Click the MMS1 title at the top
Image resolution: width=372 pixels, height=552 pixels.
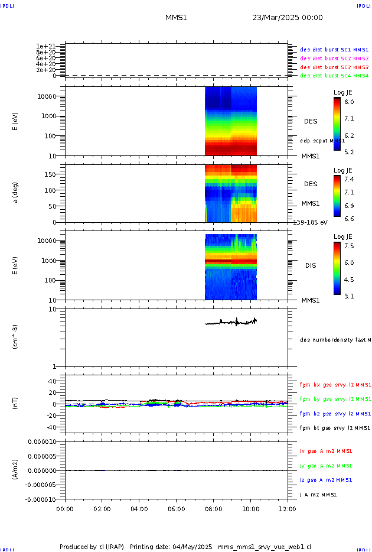(x=176, y=18)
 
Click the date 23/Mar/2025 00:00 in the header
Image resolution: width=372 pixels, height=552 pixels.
(x=287, y=18)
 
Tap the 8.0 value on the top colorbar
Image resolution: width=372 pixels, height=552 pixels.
(x=350, y=102)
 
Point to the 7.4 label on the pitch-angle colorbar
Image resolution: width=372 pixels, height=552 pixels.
(x=350, y=179)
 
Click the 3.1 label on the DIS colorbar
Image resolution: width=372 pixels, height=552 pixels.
(x=350, y=296)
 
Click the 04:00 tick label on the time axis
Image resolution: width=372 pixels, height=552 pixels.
(x=139, y=508)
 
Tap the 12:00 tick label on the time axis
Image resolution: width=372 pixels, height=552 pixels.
(x=288, y=508)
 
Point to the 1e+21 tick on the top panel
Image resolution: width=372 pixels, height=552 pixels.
(x=45, y=46)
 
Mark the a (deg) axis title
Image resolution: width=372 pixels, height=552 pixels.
(x=16, y=192)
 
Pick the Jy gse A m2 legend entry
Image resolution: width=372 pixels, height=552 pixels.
(x=326, y=466)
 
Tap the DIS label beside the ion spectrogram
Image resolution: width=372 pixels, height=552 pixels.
(x=311, y=265)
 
